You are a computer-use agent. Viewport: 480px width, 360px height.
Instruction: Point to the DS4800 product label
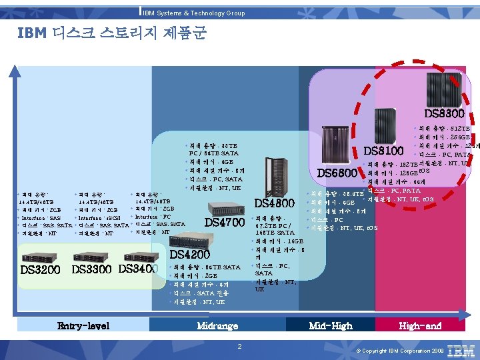coord(275,203)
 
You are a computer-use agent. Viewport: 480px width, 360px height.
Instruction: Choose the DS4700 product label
coord(225,222)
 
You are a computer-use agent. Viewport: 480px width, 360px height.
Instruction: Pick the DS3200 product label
coord(40,269)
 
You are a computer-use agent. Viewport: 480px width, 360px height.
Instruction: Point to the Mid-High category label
coord(331,325)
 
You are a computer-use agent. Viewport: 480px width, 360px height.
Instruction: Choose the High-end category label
coord(420,325)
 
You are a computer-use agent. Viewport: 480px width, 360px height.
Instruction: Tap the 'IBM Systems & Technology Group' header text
coord(194,13)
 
